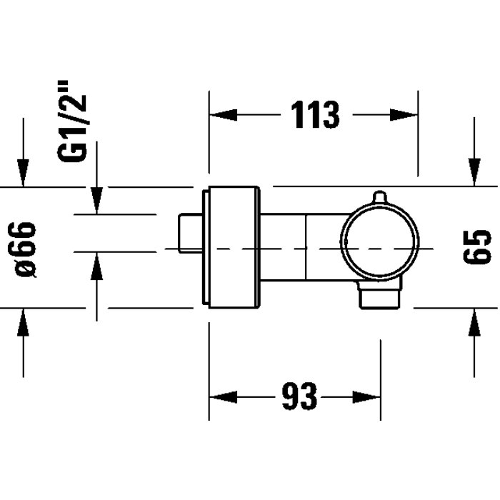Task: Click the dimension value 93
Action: click(299, 396)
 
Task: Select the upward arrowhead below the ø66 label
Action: click(24, 321)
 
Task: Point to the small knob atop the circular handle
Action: click(379, 196)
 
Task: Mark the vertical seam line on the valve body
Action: click(306, 247)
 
